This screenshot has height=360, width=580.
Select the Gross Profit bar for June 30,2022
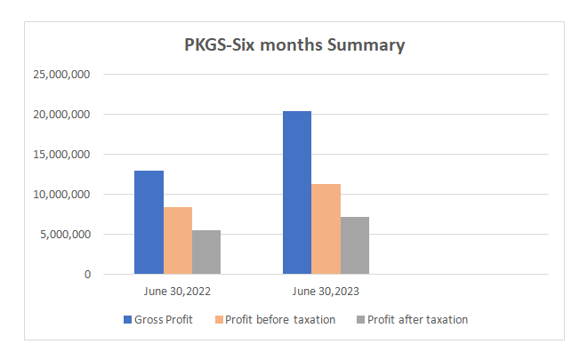149,222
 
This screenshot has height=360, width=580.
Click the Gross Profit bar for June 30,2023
297,192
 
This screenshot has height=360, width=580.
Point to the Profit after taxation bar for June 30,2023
355,245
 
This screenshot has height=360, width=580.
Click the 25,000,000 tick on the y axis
60,75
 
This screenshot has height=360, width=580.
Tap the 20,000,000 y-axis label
60,115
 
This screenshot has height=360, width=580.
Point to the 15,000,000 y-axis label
60,155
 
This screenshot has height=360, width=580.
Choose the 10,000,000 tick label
60,195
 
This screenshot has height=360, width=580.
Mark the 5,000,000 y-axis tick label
64,235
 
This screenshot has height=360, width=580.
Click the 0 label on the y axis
87,275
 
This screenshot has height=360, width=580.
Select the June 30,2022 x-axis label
178,291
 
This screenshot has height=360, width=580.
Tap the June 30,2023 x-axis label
326,291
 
